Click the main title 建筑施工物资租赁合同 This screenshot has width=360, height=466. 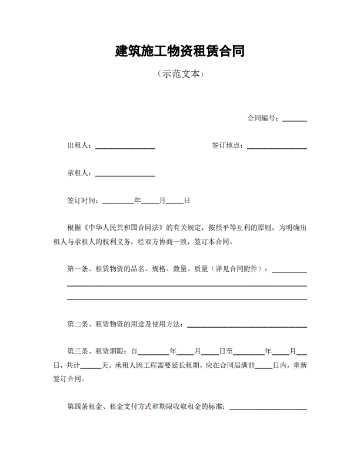[x=180, y=51]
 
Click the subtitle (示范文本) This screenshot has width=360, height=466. [x=180, y=75]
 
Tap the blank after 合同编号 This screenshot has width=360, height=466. [x=295, y=118]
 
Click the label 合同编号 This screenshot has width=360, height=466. [x=262, y=118]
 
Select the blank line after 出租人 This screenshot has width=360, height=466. [x=125, y=146]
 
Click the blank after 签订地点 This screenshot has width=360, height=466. [x=276, y=146]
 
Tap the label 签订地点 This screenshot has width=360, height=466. [x=226, y=146]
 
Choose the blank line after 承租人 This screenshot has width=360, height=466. [x=125, y=174]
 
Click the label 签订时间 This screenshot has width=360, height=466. [x=83, y=201]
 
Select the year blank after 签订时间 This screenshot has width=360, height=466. [x=118, y=201]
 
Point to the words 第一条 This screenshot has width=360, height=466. [x=78, y=269]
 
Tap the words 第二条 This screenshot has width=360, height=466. [x=78, y=324]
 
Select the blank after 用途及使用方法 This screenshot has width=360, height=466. [x=246, y=324]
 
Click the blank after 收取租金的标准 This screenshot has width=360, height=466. [x=268, y=407]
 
